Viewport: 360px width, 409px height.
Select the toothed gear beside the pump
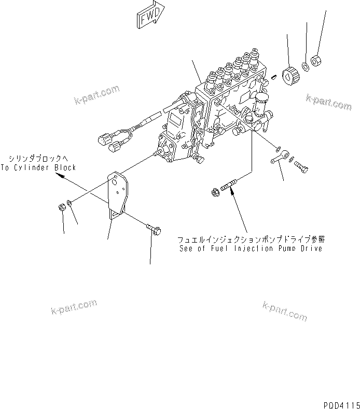tap(289, 77)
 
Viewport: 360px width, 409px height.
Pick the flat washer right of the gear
tap(306, 65)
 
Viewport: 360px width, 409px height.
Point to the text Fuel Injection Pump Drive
tap(249, 248)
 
